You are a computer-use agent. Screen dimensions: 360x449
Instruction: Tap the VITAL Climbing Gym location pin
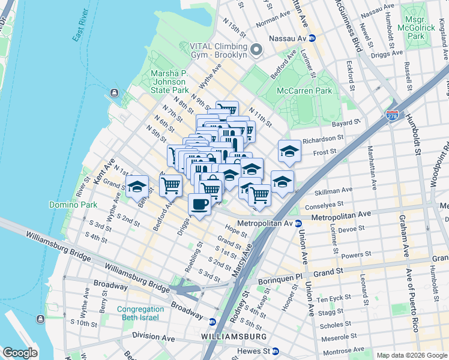[256, 49]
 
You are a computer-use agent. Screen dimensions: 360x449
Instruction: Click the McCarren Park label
[304, 91]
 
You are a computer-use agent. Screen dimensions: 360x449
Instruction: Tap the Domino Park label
[73, 205]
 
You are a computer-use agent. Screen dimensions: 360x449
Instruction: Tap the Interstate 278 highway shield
[392, 113]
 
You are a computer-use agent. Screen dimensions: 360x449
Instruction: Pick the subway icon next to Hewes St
[275, 351]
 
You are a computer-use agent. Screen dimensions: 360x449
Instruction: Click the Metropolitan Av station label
[264, 223]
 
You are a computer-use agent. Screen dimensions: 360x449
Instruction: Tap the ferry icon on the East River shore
[114, 93]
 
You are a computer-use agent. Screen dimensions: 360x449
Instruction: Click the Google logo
[20, 353]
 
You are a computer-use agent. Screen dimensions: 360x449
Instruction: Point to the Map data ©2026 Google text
[411, 355]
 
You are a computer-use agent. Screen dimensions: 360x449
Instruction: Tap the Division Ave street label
[153, 338]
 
